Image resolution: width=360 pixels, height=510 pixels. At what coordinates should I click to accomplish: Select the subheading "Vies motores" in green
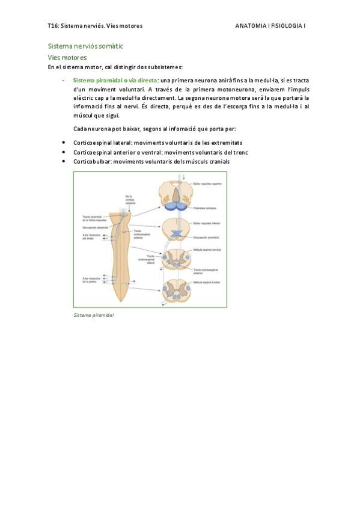click(67, 58)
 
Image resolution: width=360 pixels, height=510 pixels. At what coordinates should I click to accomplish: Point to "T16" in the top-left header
click(52, 26)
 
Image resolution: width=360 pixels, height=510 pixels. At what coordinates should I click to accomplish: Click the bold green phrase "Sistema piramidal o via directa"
click(115, 80)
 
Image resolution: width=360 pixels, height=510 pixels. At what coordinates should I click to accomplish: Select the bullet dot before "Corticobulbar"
click(64, 161)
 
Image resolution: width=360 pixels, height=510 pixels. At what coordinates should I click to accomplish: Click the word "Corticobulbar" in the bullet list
click(91, 162)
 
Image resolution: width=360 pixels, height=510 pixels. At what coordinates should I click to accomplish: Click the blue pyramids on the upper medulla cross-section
click(176, 206)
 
